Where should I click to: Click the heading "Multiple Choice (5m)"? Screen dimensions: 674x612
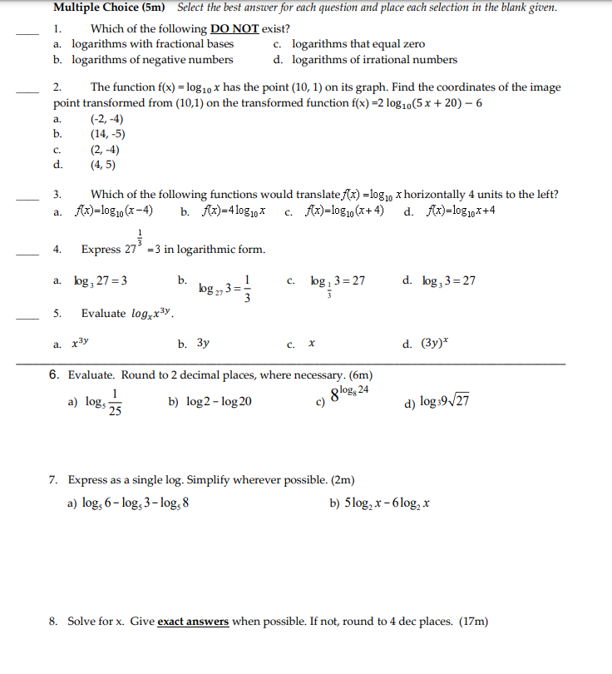coord(109,7)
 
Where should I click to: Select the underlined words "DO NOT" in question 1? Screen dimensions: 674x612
coord(235,28)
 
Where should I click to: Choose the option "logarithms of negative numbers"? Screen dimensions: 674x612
coord(152,59)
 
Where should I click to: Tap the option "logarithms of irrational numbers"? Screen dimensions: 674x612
coord(374,59)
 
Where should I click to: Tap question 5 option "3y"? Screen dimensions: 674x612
coord(203,342)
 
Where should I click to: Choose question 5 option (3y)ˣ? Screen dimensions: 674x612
coord(436,342)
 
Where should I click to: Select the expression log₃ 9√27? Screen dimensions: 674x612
coord(447,402)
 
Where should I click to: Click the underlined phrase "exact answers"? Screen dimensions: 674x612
coord(193,621)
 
